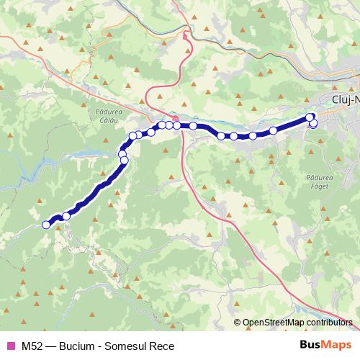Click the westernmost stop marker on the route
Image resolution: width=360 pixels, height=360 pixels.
pos(47,225)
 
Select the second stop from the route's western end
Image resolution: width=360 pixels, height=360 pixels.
pos(66,216)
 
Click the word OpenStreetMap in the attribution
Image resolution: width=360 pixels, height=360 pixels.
pos(273,323)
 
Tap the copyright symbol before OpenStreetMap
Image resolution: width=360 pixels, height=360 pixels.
pos(238,323)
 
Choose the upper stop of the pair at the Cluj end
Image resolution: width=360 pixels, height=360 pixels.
pos(310,117)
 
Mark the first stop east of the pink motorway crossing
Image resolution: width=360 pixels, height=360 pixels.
pos(194,126)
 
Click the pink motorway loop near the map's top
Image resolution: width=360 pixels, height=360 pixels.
pos(186,34)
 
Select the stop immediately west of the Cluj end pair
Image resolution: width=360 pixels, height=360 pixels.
pos(274,130)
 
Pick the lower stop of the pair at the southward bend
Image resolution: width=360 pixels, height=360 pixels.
pos(124,160)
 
